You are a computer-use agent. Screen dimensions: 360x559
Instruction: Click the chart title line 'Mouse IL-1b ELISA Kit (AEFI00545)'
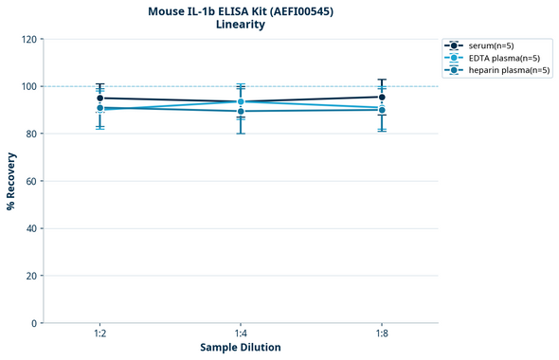pos(241,10)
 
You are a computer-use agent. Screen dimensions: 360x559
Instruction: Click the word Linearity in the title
pos(241,25)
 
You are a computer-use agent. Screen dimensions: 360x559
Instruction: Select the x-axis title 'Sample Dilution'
pos(241,348)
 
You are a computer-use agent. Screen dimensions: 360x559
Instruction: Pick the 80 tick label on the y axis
pos(31,134)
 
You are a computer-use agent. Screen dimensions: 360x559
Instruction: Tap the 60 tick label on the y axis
pos(31,181)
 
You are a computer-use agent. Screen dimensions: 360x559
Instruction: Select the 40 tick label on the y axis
pos(31,228)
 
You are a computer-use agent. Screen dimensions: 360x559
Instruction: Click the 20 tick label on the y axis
pos(31,276)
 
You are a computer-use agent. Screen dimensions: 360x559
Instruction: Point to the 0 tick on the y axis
pos(34,323)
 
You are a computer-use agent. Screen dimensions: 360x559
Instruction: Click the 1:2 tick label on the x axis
pos(99,333)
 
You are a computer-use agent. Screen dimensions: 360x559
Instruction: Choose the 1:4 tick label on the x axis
pos(241,333)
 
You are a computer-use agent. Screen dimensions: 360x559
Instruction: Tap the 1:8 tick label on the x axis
pos(382,333)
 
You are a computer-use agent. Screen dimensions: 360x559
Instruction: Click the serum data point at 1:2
pos(99,98)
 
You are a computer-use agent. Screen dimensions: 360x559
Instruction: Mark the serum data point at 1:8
pos(382,97)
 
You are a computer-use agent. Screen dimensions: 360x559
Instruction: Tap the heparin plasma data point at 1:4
pos(241,111)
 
